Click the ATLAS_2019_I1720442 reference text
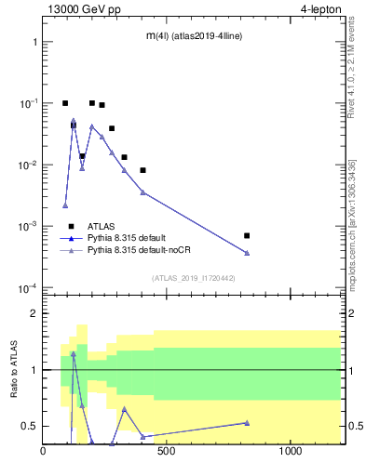pos(193,277)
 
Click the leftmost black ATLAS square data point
pos(65,103)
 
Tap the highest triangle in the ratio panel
pos(74,354)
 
